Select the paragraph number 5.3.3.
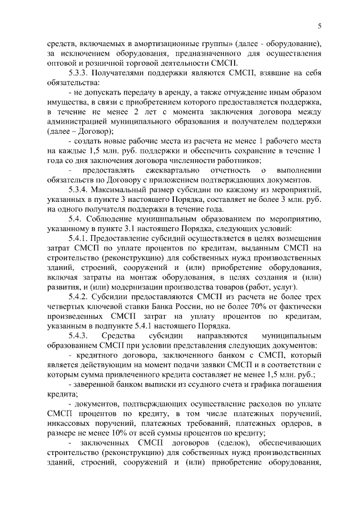click(79, 73)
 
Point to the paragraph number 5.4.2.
click(79, 296)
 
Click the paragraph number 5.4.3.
click(79, 335)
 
